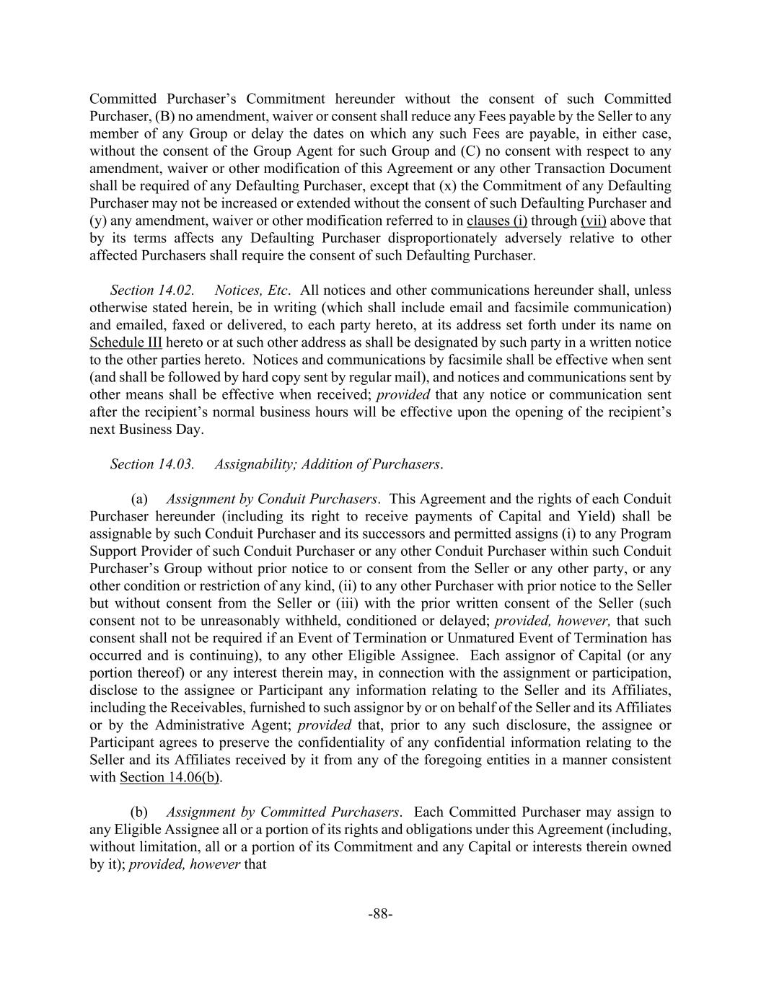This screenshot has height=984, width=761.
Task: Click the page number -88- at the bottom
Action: click(380, 914)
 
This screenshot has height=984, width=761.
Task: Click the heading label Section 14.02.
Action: click(152, 291)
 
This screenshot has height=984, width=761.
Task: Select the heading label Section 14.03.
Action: click(152, 464)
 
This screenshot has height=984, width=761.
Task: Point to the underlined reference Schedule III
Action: click(126, 342)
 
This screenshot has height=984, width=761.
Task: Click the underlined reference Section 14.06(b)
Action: click(171, 777)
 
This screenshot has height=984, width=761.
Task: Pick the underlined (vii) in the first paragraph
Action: click(593, 221)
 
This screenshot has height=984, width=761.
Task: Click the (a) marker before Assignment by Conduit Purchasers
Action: click(139, 499)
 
